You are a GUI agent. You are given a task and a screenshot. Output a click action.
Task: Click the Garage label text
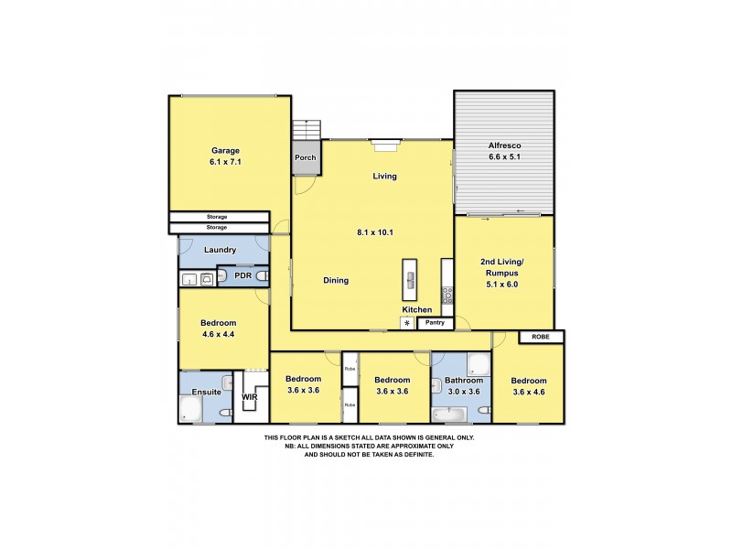pos(225,150)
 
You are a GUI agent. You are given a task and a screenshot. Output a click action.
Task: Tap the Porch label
pos(306,157)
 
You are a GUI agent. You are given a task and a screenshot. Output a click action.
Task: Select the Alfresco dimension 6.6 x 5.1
pos(504,156)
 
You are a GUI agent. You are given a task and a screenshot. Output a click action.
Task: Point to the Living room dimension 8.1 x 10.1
pos(374,232)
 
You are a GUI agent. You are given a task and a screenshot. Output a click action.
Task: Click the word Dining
pos(336,281)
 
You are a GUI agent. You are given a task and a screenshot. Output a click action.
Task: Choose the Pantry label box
pos(436,322)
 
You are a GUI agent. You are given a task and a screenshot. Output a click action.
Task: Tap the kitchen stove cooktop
pos(447,295)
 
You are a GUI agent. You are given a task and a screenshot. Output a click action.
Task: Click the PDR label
pos(242,275)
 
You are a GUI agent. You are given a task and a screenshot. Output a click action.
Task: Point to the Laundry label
pos(220,250)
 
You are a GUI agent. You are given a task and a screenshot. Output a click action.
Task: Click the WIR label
pos(249,398)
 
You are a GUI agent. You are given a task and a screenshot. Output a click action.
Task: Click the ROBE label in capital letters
pos(535,338)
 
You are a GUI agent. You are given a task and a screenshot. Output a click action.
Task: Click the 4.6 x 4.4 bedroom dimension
pos(219,334)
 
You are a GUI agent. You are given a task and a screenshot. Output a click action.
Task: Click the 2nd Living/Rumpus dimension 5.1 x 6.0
pos(501,285)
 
